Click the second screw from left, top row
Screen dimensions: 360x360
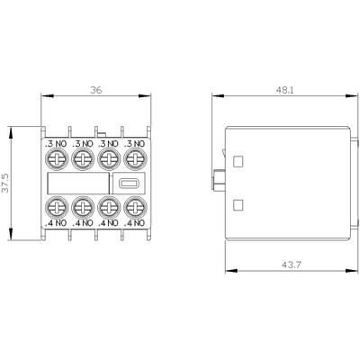coord(82,161)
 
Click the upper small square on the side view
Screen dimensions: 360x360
coord(238,162)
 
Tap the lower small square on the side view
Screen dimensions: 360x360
coord(238,203)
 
